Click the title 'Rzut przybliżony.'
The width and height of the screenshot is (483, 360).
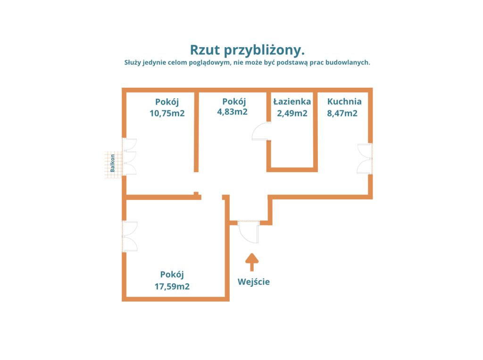[x=247, y=50]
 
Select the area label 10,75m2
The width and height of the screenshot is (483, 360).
[x=167, y=113]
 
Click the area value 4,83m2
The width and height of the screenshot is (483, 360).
[x=232, y=111]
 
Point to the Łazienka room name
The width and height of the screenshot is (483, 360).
[x=292, y=101]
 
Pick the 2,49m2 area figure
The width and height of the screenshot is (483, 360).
[x=292, y=113]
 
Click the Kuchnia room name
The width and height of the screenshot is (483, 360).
[x=344, y=101]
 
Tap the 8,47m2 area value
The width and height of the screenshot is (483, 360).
[x=342, y=113]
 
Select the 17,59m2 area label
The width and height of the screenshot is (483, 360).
[x=172, y=287]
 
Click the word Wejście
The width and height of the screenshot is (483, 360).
[x=253, y=282]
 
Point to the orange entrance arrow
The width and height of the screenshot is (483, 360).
[x=252, y=262]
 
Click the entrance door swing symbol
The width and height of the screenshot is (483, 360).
[x=249, y=232]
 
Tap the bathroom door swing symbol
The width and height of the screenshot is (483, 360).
[x=261, y=131]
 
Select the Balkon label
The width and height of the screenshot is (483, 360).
[x=112, y=163]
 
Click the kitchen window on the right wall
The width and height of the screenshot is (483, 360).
[x=365, y=159]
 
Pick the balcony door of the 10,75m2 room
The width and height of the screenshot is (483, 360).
[x=129, y=157]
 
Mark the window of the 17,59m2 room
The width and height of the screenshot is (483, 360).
[x=130, y=236]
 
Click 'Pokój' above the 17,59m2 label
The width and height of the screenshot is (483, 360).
[x=172, y=275]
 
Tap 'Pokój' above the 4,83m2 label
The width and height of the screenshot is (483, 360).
[x=234, y=101]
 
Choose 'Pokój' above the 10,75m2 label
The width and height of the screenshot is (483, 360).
[x=167, y=102]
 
